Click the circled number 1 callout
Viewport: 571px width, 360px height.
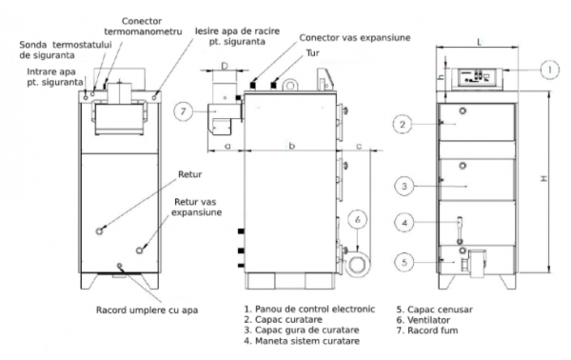click(x=549, y=70)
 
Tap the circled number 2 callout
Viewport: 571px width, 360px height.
click(x=403, y=124)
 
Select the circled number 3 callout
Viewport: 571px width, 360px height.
click(x=404, y=187)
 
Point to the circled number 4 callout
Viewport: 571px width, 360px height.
click(x=404, y=222)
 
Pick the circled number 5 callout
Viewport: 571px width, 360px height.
click(x=404, y=262)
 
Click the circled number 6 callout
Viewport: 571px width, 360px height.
click(x=358, y=219)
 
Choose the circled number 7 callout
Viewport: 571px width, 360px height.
click(x=183, y=110)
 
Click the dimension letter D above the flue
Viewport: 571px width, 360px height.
click(x=225, y=66)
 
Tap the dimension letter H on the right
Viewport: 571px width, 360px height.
click(x=543, y=178)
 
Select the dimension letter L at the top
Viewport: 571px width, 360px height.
click(x=480, y=42)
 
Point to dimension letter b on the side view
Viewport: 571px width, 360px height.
click(x=292, y=146)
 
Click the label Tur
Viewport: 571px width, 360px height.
click(x=312, y=53)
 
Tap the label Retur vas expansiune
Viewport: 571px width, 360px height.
click(x=196, y=207)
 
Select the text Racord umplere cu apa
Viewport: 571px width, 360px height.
click(x=148, y=310)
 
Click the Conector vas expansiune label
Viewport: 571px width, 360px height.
click(x=355, y=37)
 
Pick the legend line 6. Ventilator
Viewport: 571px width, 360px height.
click(x=423, y=320)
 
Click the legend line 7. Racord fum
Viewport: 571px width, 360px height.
click(x=427, y=330)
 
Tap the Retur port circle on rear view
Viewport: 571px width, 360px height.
click(x=99, y=231)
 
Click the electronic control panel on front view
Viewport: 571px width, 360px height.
click(x=478, y=78)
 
